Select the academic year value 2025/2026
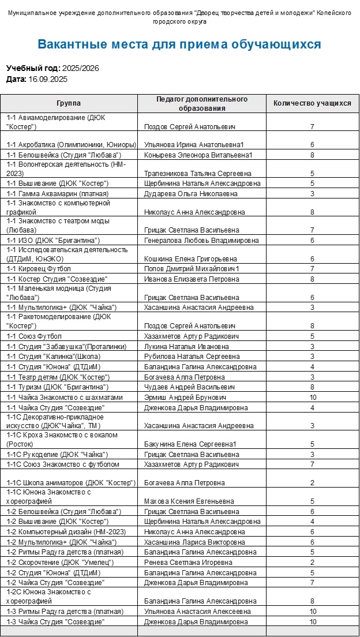click(81, 68)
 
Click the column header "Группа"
click(69, 103)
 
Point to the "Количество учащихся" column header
click(312, 103)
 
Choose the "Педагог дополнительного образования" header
click(202, 103)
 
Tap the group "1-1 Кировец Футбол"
click(39, 269)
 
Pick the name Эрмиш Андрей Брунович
click(185, 398)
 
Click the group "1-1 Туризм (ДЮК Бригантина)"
click(58, 387)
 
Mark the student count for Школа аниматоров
click(312, 483)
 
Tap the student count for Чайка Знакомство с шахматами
click(313, 398)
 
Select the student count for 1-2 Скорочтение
click(312, 563)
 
